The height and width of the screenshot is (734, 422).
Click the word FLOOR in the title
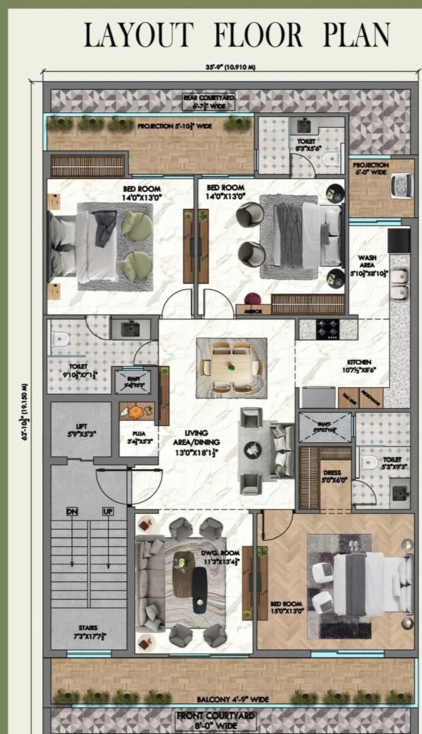(259, 35)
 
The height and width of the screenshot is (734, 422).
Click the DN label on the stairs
(72, 511)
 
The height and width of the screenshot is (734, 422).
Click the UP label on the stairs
(108, 511)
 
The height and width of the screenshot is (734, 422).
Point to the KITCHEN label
(359, 362)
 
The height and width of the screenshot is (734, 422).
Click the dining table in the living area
(232, 367)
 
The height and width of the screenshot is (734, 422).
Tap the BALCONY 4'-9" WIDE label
(233, 700)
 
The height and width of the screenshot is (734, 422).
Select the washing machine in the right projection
(401, 185)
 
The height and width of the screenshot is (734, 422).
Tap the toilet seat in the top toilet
(331, 159)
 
